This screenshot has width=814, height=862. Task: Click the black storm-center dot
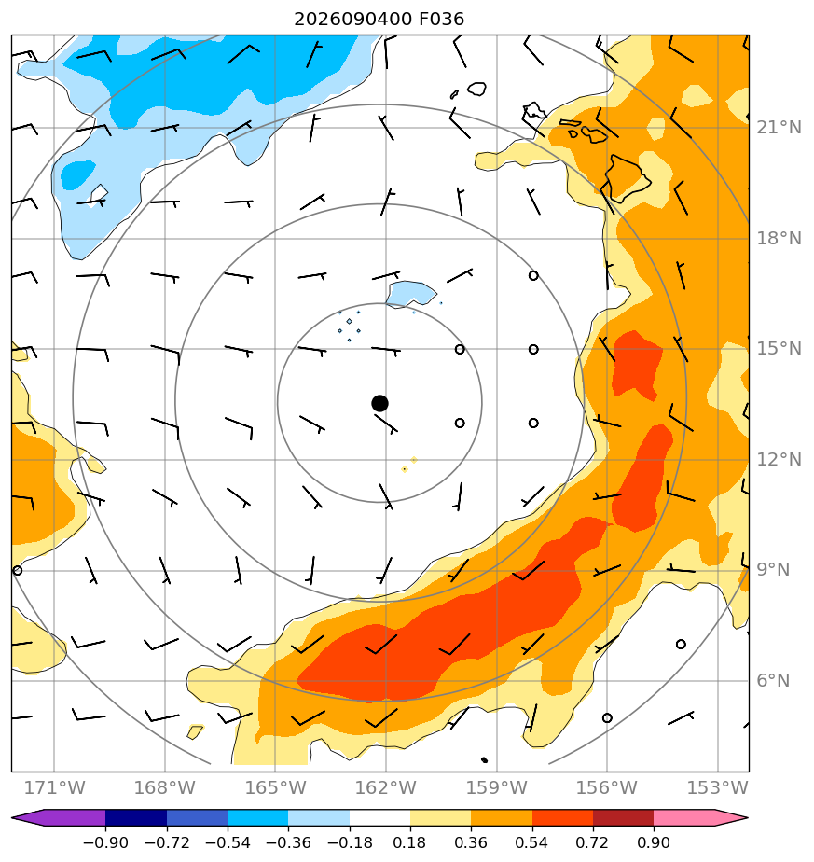[x=379, y=404]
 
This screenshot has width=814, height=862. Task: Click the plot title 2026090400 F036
[x=379, y=20]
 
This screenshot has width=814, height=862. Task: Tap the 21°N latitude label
[x=779, y=128]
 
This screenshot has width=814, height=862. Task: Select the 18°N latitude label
[x=779, y=239]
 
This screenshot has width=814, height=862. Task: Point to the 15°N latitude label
[x=779, y=349]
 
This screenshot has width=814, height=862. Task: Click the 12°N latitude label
[x=779, y=460]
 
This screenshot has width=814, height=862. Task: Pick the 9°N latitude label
[x=773, y=570]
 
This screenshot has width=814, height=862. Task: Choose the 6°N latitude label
[x=773, y=681]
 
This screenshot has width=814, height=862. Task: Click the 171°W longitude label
[x=54, y=788]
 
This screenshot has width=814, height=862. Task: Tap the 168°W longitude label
[x=165, y=788]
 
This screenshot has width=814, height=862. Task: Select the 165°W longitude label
[x=275, y=788]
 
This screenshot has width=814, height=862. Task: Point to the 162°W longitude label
[x=386, y=788]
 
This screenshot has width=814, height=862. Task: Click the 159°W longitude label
[x=497, y=788]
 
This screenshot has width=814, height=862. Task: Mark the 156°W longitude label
[x=607, y=788]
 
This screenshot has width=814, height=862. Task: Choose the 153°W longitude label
[x=718, y=788]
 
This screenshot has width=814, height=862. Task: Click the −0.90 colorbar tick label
[x=105, y=843]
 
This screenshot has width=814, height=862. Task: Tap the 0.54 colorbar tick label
[x=531, y=843]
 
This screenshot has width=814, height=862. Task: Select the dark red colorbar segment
[x=623, y=818]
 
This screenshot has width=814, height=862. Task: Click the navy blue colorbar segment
[x=136, y=818]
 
